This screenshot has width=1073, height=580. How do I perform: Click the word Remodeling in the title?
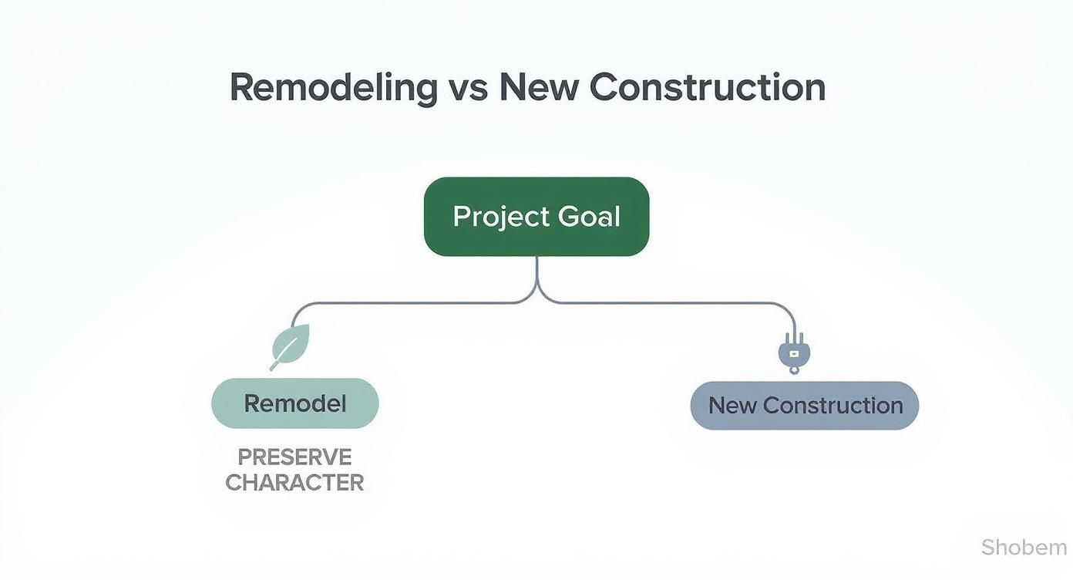coord(333,87)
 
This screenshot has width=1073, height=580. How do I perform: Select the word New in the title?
coord(539,87)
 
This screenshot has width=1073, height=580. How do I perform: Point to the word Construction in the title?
coord(707,87)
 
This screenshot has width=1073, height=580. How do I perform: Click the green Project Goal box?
coord(536,217)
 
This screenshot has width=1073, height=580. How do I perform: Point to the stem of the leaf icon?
coord(276,364)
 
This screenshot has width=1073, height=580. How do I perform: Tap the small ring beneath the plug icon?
coord(794,370)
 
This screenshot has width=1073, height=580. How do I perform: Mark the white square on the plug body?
coord(794,353)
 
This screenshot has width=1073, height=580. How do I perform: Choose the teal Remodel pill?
coord(295,403)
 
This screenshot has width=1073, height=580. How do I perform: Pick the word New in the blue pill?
coord(732,406)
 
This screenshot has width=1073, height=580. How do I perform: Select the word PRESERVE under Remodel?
coord(294,457)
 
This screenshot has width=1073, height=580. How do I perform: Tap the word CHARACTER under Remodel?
coord(294,483)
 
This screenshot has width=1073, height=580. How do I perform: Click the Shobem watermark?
coord(1024,548)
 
